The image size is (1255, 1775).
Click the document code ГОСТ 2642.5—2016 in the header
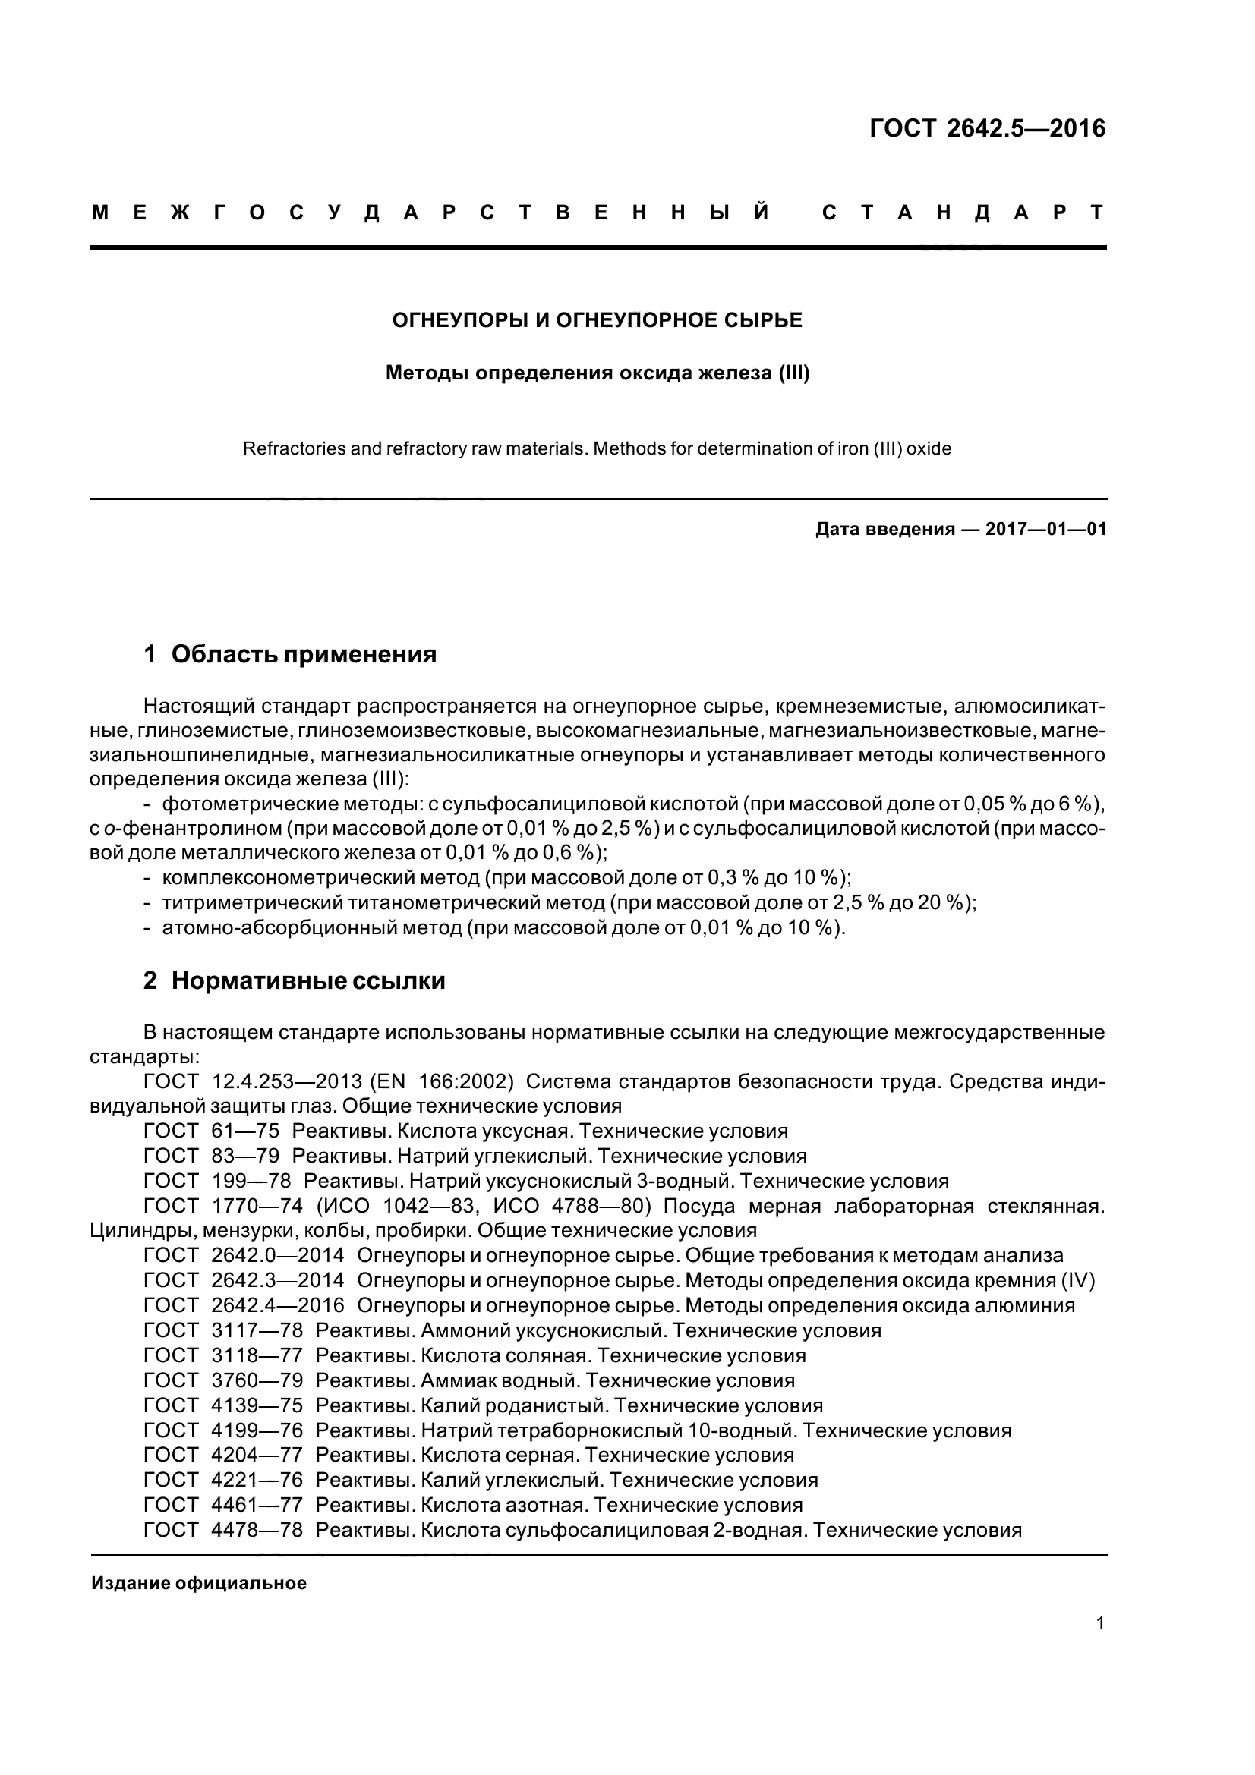(x=987, y=128)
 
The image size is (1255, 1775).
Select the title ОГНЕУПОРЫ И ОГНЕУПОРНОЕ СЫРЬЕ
(x=597, y=320)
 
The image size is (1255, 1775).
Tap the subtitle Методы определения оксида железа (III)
(x=597, y=373)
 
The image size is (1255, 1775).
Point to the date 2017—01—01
(x=1045, y=530)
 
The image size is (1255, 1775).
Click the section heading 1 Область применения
(x=290, y=654)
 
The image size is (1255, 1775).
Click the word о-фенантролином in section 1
(x=193, y=829)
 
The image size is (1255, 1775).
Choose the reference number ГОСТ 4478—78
(x=223, y=1531)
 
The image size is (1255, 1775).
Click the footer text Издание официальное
(x=199, y=1583)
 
